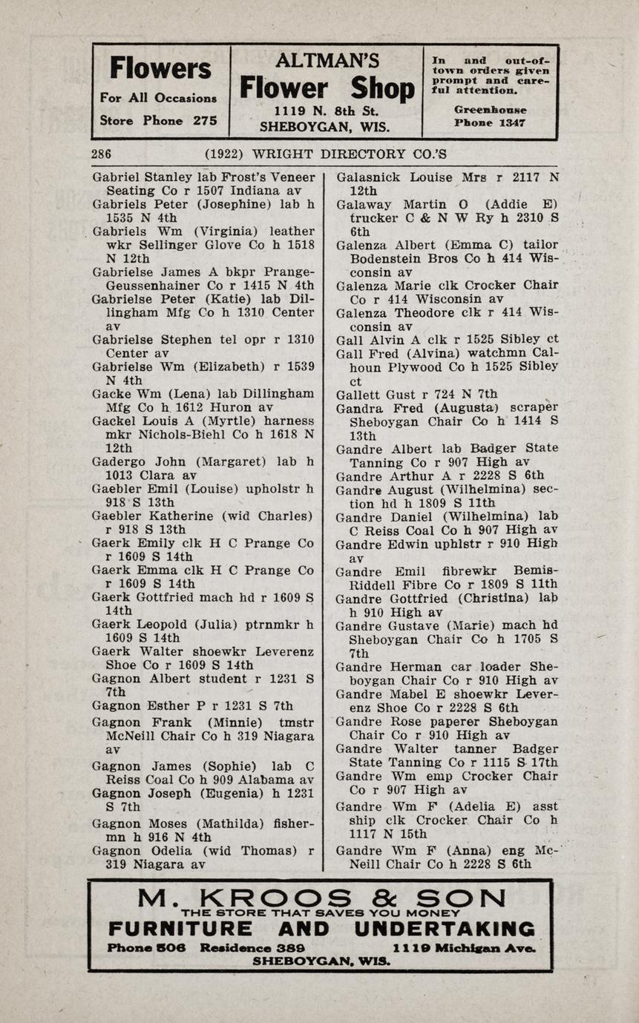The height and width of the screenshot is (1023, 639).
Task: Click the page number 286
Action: point(102,154)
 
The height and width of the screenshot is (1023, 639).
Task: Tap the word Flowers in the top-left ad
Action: point(160,69)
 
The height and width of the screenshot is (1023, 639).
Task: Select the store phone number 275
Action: point(205,120)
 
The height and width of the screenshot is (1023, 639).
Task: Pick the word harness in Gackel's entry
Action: point(284,421)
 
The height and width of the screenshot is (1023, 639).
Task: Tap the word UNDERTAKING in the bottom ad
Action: point(445,930)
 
